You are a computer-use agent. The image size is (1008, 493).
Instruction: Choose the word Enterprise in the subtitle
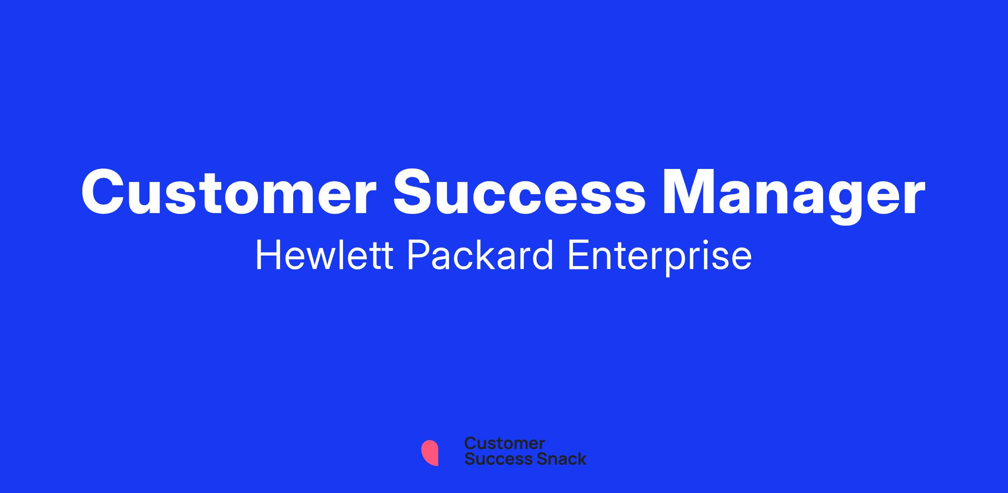[659, 258]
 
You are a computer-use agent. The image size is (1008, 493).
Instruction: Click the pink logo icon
[430, 453]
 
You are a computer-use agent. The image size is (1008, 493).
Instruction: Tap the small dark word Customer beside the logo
[504, 443]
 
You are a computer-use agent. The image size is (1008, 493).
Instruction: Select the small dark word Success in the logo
[493, 459]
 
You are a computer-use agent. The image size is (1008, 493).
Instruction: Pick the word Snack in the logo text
[556, 459]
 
